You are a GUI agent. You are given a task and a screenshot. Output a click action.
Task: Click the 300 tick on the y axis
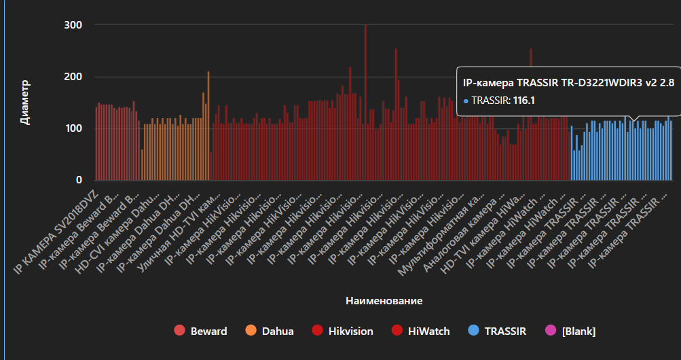pos(73,25)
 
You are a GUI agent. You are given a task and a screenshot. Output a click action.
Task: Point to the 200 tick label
pos(73,77)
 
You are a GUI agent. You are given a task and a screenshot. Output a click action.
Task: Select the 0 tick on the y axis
pos(79,180)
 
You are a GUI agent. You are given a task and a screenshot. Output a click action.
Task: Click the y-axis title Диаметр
pos(25,102)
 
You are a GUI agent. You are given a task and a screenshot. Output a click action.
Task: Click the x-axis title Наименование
pos(384,300)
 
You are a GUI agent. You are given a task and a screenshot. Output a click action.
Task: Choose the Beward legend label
pos(208,331)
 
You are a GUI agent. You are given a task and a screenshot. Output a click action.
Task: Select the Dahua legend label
pos(278,331)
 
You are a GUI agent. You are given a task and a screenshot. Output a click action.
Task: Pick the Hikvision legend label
pos(350,331)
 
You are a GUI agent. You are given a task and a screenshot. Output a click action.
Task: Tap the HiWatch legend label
pos(428,331)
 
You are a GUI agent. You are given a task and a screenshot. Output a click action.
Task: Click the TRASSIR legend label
pos(507,331)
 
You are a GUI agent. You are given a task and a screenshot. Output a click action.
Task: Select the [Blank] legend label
pos(578,331)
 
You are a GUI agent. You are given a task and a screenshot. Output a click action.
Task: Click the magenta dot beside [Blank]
pos(551,331)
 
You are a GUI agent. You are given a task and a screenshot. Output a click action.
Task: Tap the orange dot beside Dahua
pos(251,331)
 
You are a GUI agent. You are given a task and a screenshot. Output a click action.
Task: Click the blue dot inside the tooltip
pos(466,101)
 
